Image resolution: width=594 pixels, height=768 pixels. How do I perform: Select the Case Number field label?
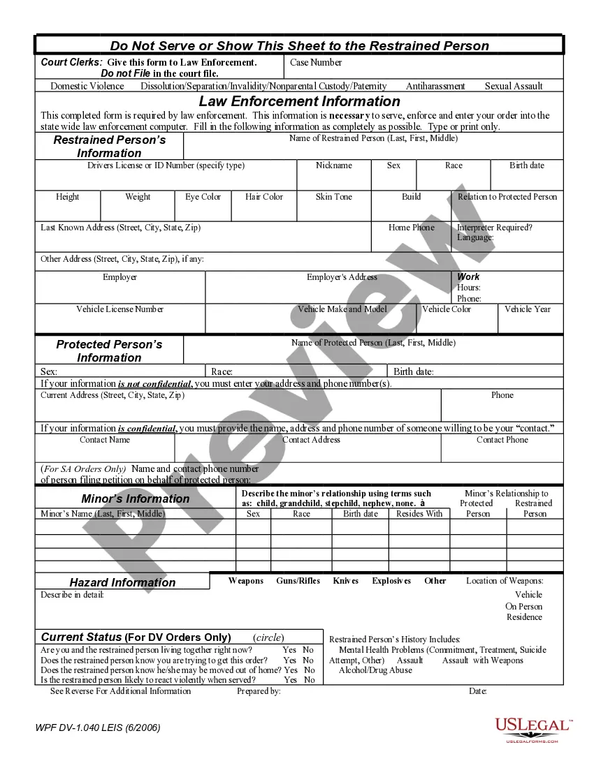coord(316,63)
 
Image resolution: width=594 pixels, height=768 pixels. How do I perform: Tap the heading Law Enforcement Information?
coord(299,101)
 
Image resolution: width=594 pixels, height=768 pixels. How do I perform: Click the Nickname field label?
coord(334,165)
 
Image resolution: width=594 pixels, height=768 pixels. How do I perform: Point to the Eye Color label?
coord(203,197)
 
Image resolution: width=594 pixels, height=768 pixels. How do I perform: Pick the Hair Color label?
coord(264,197)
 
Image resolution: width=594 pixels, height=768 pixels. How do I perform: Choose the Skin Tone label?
coord(334,197)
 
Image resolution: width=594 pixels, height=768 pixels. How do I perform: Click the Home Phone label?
coord(411,228)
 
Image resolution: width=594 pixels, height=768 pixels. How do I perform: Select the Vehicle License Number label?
coord(120,309)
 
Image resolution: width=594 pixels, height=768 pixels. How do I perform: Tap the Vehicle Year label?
coord(528,309)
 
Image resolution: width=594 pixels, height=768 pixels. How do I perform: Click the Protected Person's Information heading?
coord(109,350)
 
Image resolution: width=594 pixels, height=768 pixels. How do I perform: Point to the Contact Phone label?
coord(502,440)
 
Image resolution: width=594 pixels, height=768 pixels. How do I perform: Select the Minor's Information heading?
coord(136,499)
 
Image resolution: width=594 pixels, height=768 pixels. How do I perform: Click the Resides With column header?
coord(419,514)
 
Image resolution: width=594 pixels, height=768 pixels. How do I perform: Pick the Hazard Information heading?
coord(122,582)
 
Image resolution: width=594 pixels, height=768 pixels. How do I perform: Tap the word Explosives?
coord(391,581)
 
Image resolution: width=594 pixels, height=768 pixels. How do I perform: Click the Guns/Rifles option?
coord(298,581)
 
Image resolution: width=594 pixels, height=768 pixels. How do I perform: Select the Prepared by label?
coord(259,691)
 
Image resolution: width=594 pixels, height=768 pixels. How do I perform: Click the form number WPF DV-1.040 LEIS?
coord(98,728)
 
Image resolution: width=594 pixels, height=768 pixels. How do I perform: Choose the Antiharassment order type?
coord(435,87)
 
